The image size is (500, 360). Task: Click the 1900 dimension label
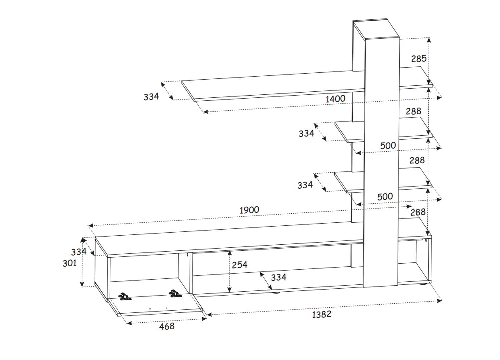click(249, 210)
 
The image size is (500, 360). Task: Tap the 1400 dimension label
click(335, 99)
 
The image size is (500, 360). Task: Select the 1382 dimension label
click(321, 314)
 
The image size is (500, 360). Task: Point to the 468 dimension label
click(167, 327)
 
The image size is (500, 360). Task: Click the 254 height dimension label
click(240, 265)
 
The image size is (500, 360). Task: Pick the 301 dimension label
click(69, 263)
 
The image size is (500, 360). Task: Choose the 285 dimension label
click(419, 59)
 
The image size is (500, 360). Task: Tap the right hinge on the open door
click(176, 293)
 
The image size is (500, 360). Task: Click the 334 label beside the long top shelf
click(151, 97)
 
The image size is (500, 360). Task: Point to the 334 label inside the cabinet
click(279, 277)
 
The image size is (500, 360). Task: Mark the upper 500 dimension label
click(388, 146)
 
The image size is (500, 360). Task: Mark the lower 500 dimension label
click(385, 197)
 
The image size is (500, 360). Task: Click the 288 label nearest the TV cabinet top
click(418, 212)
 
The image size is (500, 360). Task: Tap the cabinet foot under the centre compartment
click(275, 292)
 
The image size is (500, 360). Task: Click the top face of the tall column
click(376, 29)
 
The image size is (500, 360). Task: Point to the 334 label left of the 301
click(79, 252)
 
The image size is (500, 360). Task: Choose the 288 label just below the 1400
click(413, 111)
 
